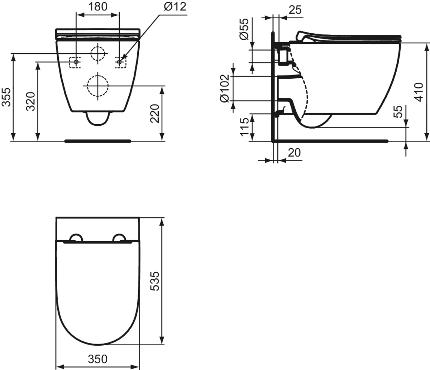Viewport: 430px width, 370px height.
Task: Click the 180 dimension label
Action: click(x=98, y=6)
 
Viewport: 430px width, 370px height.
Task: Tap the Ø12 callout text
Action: click(x=175, y=7)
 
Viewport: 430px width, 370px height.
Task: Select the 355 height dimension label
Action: click(x=6, y=97)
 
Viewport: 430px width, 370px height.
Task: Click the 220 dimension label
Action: click(x=154, y=113)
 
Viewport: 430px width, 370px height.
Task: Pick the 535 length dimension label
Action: click(x=154, y=281)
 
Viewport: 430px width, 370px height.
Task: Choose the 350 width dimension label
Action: click(x=97, y=359)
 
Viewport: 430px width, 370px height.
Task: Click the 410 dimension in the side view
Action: click(x=419, y=92)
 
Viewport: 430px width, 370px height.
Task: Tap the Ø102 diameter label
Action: click(x=225, y=88)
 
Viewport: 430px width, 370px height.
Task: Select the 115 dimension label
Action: click(x=244, y=127)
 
